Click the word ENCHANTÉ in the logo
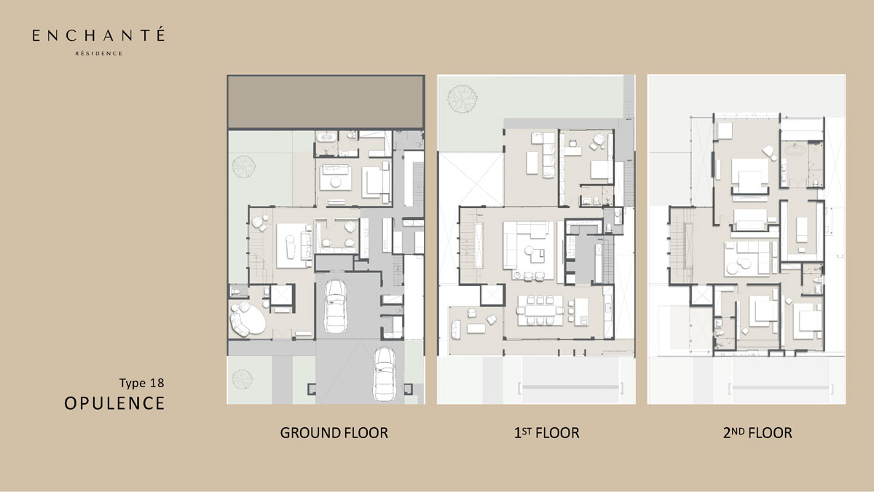[x=98, y=34]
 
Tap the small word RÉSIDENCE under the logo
[x=99, y=53]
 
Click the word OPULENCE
[x=114, y=403]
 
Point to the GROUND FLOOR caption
[x=334, y=433]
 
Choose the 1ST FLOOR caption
[x=546, y=433]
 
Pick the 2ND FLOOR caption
[x=757, y=433]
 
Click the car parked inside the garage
[x=336, y=306]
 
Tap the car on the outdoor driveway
[x=385, y=374]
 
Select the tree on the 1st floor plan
[x=462, y=99]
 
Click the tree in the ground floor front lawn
[x=243, y=379]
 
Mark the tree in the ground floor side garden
[x=244, y=167]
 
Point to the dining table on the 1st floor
[x=540, y=311]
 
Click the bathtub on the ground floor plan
[x=326, y=138]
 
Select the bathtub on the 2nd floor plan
[x=795, y=150]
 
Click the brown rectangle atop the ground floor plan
[x=326, y=101]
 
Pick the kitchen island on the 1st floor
[x=581, y=312]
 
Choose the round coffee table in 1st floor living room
[x=529, y=250]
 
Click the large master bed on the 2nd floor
[x=750, y=176]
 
